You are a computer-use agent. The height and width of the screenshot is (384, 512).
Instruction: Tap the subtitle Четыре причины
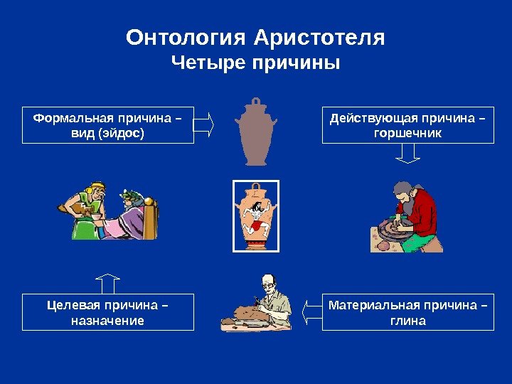click(256, 64)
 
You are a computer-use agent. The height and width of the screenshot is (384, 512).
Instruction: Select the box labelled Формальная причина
click(108, 125)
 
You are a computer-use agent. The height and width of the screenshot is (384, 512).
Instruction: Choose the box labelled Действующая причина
click(408, 125)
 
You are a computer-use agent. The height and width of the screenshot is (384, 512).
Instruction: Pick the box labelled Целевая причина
click(108, 312)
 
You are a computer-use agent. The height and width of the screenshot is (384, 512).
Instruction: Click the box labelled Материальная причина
click(408, 312)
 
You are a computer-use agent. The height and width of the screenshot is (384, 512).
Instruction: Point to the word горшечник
click(408, 133)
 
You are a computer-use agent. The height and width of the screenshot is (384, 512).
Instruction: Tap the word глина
click(408, 321)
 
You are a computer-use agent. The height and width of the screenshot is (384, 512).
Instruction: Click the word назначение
click(108, 321)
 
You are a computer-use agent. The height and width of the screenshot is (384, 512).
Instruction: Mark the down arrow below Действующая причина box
click(407, 154)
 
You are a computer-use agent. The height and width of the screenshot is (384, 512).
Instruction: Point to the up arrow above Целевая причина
click(108, 282)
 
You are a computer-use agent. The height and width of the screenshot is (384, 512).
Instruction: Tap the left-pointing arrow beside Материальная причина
click(310, 311)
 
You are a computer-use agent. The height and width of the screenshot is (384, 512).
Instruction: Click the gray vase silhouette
click(255, 130)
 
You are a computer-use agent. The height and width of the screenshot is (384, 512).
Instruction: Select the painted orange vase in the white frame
click(256, 216)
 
